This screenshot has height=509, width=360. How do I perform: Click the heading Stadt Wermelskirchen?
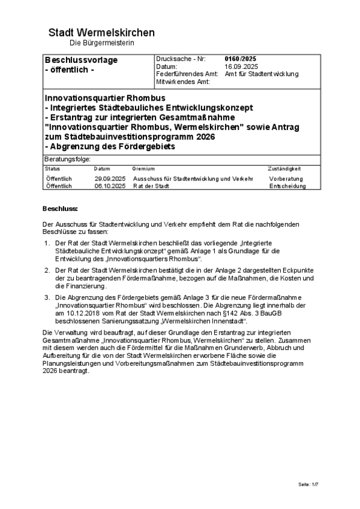click(101, 32)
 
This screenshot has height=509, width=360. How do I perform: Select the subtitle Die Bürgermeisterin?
click(101, 43)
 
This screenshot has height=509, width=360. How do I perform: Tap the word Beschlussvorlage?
click(81, 60)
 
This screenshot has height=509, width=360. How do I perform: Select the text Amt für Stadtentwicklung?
click(261, 74)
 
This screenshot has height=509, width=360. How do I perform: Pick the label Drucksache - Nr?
click(180, 59)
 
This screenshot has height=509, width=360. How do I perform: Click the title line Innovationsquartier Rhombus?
click(104, 97)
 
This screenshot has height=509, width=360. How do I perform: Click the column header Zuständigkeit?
click(284, 169)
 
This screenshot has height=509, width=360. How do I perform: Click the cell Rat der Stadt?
click(151, 186)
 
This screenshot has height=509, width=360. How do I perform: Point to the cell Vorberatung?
click(286, 179)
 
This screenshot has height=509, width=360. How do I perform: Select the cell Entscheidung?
click(287, 186)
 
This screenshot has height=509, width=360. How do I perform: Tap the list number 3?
click(46, 297)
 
